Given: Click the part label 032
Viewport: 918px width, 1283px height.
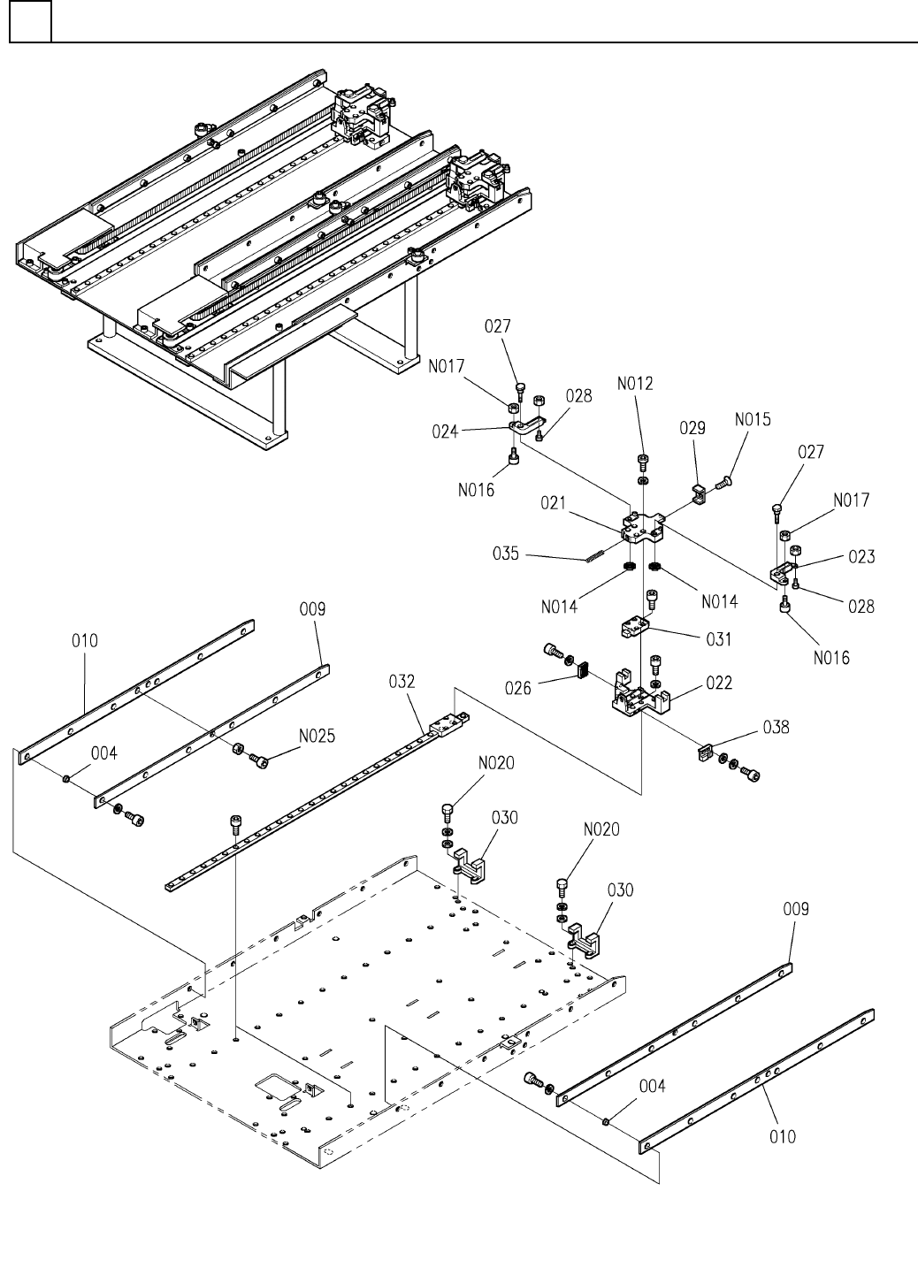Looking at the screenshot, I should pyautogui.click(x=402, y=683).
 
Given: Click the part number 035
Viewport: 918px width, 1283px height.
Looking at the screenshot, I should pyautogui.click(x=507, y=554).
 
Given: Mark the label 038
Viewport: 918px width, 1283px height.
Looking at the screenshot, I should pyautogui.click(x=776, y=728).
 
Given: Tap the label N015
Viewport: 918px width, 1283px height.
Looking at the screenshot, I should pyautogui.click(x=752, y=419).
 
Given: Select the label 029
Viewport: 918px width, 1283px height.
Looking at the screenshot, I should pyautogui.click(x=692, y=428).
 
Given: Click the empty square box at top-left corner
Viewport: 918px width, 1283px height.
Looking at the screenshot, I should pyautogui.click(x=30, y=22).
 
